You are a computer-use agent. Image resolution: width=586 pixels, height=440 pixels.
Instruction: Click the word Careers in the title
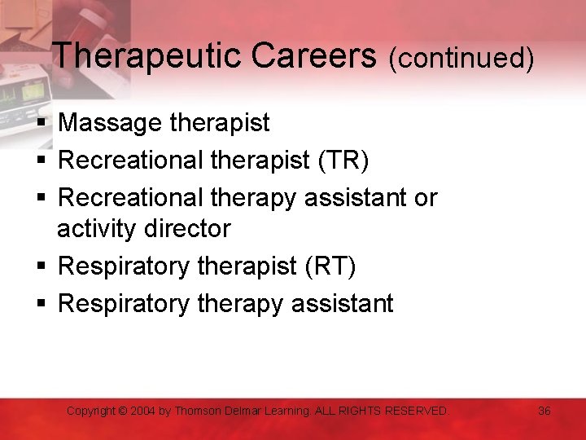[x=314, y=57]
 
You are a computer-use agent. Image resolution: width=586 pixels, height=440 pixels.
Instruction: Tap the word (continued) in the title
[x=461, y=59]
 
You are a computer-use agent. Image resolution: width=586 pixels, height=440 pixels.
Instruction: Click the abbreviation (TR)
[x=340, y=161]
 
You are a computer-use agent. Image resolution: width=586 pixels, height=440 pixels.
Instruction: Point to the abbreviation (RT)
[x=328, y=266]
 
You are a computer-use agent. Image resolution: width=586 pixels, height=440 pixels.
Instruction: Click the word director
[x=190, y=229]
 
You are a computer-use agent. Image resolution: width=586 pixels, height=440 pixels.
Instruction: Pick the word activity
[x=97, y=229]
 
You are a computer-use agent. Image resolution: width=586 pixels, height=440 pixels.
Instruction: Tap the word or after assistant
[x=425, y=198]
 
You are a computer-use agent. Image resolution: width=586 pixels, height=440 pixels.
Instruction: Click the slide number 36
[x=544, y=411]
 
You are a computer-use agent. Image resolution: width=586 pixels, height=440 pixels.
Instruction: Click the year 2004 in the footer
[x=144, y=411]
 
